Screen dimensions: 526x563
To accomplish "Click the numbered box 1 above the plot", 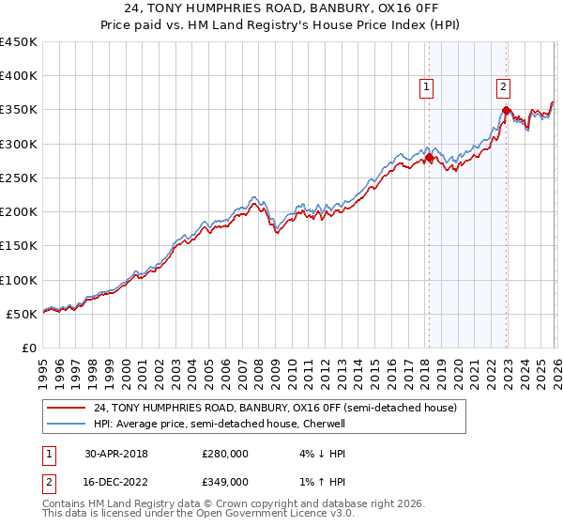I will [x=426, y=87].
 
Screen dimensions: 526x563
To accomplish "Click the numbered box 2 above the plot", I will [x=503, y=87].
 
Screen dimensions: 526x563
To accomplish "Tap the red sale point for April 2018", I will [x=429, y=159].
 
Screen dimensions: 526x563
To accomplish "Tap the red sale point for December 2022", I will [x=506, y=111].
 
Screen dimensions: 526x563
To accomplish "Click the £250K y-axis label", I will [x=19, y=178].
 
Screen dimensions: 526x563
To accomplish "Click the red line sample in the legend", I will [x=67, y=408].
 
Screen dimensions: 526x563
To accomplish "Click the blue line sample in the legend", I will [x=67, y=424].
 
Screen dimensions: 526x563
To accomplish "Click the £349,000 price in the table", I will [x=224, y=482].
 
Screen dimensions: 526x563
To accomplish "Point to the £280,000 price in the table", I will [x=224, y=454].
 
